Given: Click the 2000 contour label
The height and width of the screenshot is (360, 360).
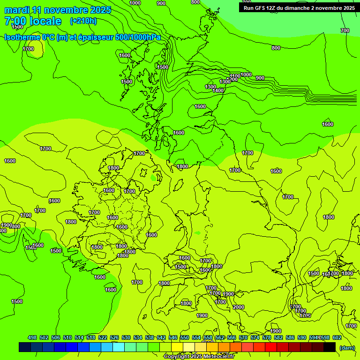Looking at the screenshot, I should tap(239, 307).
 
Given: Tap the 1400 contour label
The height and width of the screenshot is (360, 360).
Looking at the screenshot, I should tap(218, 90).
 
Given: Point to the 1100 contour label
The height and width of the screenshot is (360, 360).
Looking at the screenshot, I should tap(235, 76).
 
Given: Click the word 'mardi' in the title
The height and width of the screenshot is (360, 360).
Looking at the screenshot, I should tap(17, 10).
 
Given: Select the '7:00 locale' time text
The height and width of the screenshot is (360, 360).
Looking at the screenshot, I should tap(33, 21).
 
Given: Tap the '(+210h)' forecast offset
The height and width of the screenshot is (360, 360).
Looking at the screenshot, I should tap(83, 21).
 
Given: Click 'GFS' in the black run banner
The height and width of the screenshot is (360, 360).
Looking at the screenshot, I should tap(262, 7).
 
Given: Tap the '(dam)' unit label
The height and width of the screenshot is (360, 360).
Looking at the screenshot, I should tap(346, 347).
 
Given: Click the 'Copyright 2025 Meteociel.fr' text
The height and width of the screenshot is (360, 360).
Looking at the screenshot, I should tap(205, 357).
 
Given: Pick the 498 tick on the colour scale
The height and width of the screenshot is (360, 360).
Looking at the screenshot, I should tap(32, 337).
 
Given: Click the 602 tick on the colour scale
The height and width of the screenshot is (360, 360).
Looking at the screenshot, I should tap(337, 337).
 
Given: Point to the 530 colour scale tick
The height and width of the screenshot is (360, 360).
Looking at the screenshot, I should tap(126, 337).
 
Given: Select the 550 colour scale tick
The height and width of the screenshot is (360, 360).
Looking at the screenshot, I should tap(185, 337).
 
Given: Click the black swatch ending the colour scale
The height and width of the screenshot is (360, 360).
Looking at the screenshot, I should tap(330, 347).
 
